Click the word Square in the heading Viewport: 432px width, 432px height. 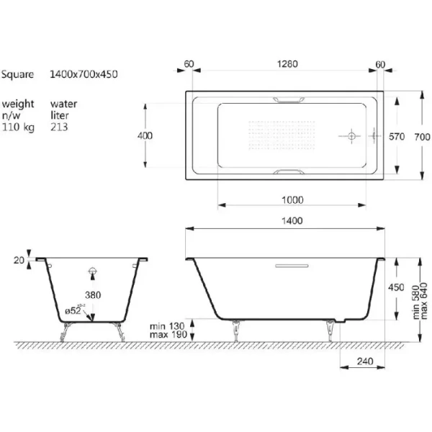[17, 74]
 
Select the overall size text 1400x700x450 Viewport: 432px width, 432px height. [84, 74]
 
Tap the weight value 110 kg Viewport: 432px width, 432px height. [19, 125]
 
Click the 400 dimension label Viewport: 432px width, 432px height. [147, 135]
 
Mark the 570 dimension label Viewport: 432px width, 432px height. [397, 135]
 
